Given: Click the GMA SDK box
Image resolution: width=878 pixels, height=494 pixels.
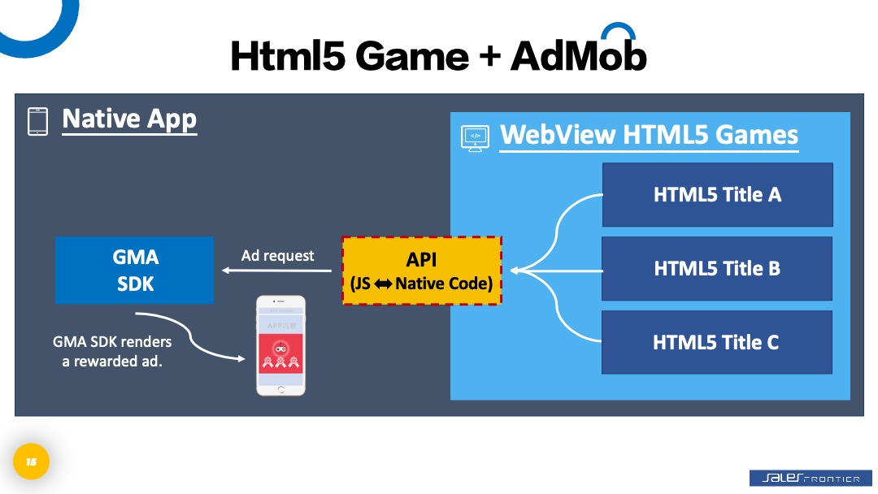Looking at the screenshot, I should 134,270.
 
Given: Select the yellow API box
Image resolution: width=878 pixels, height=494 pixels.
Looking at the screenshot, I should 421,271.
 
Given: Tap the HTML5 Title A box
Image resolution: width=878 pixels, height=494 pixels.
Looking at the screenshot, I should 717,194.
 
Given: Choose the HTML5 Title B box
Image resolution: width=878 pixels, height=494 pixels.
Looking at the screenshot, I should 717,268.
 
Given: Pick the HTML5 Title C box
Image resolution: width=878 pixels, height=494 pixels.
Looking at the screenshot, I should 717,342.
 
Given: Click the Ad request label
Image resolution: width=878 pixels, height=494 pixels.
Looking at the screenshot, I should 277,255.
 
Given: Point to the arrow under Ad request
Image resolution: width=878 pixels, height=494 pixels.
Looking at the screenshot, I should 268,271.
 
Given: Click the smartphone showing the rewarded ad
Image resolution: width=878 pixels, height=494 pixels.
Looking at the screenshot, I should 280,345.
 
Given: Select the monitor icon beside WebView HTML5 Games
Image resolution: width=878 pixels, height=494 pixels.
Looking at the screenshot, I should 475,137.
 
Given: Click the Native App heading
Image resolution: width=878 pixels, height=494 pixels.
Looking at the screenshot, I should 129,119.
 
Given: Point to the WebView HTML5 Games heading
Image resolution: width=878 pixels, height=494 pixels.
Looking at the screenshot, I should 649,135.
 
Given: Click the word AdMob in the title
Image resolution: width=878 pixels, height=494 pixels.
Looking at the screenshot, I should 578,55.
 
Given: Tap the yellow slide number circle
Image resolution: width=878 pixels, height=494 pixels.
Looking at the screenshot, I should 31,462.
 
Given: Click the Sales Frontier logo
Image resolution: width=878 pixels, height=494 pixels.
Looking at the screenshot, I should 804,479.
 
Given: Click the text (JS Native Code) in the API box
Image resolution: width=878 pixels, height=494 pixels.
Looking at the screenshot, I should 421,284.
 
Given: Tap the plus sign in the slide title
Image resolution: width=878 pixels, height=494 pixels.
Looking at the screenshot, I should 490,56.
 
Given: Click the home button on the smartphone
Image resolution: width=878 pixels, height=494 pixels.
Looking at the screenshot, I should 280,389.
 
